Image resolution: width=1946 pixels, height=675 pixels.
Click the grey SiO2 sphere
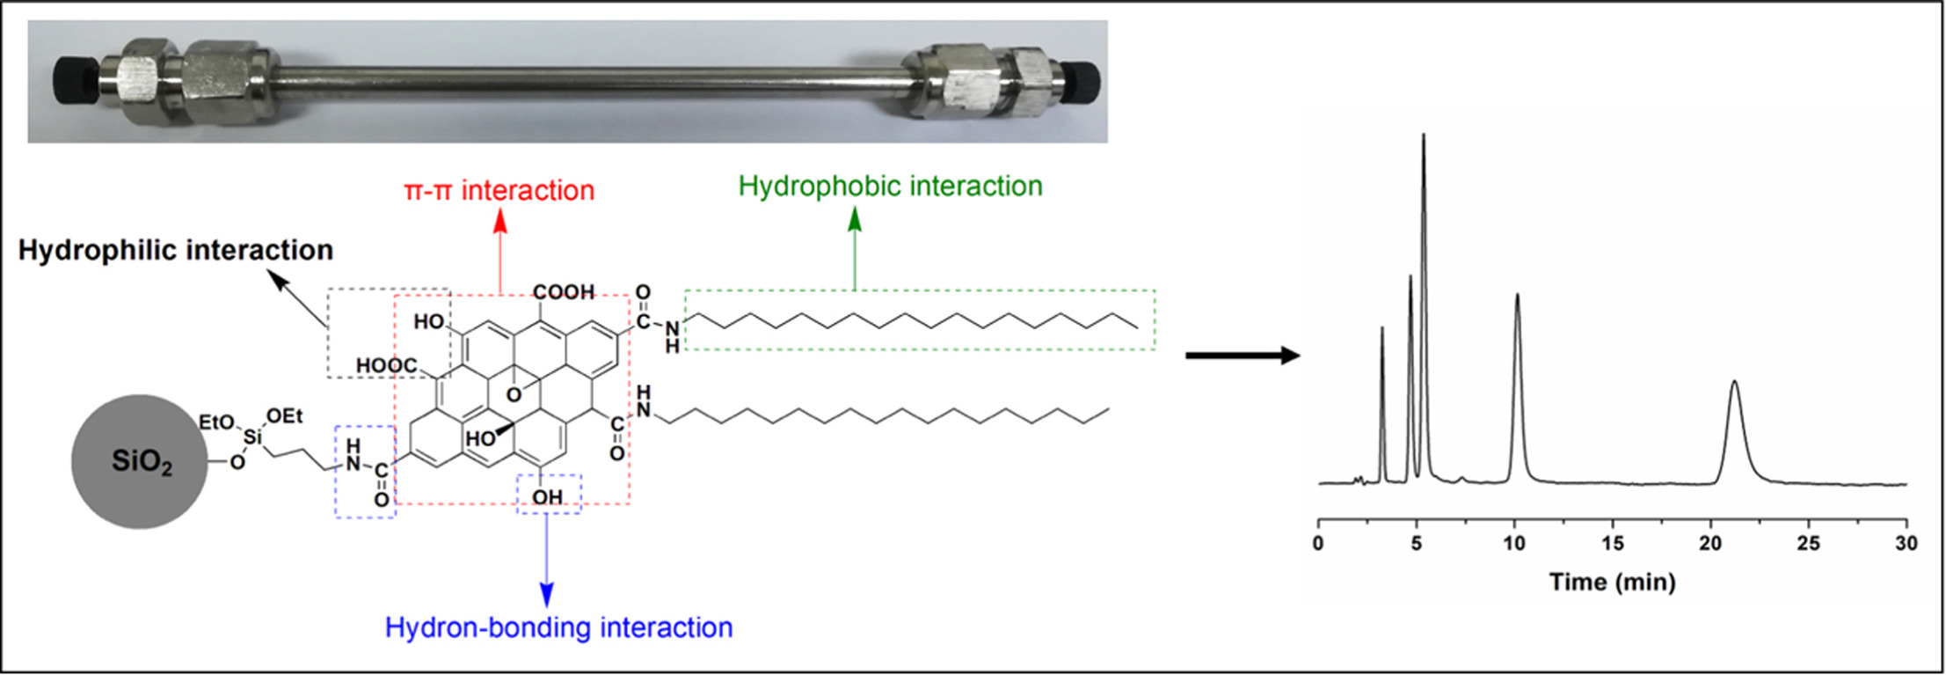point(140,461)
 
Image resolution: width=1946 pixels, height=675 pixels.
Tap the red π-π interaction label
point(499,190)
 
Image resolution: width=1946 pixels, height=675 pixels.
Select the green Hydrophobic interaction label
point(890,186)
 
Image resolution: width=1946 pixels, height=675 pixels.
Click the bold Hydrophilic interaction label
point(176,250)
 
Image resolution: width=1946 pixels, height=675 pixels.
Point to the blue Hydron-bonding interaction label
point(558,627)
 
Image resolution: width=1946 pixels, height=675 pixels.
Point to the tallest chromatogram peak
point(1424,137)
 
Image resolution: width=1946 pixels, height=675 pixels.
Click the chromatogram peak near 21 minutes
point(1734,384)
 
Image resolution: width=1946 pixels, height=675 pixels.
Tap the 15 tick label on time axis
point(1613,544)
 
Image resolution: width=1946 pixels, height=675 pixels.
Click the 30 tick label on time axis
point(1906,544)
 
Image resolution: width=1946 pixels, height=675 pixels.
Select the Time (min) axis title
point(1612,582)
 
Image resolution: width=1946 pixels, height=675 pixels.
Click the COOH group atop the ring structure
point(563,292)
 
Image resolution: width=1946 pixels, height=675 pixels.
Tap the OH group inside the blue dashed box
point(547,497)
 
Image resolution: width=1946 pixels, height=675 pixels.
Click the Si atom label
point(252,437)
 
